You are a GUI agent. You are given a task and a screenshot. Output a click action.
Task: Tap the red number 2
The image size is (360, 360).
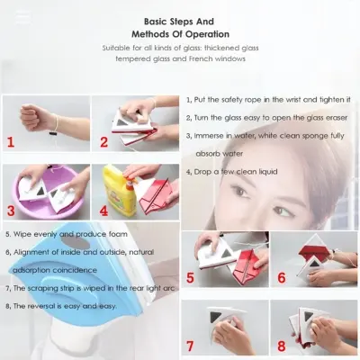coord(104,141)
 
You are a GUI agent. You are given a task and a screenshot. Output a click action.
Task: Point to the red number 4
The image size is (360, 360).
coord(104,213)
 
